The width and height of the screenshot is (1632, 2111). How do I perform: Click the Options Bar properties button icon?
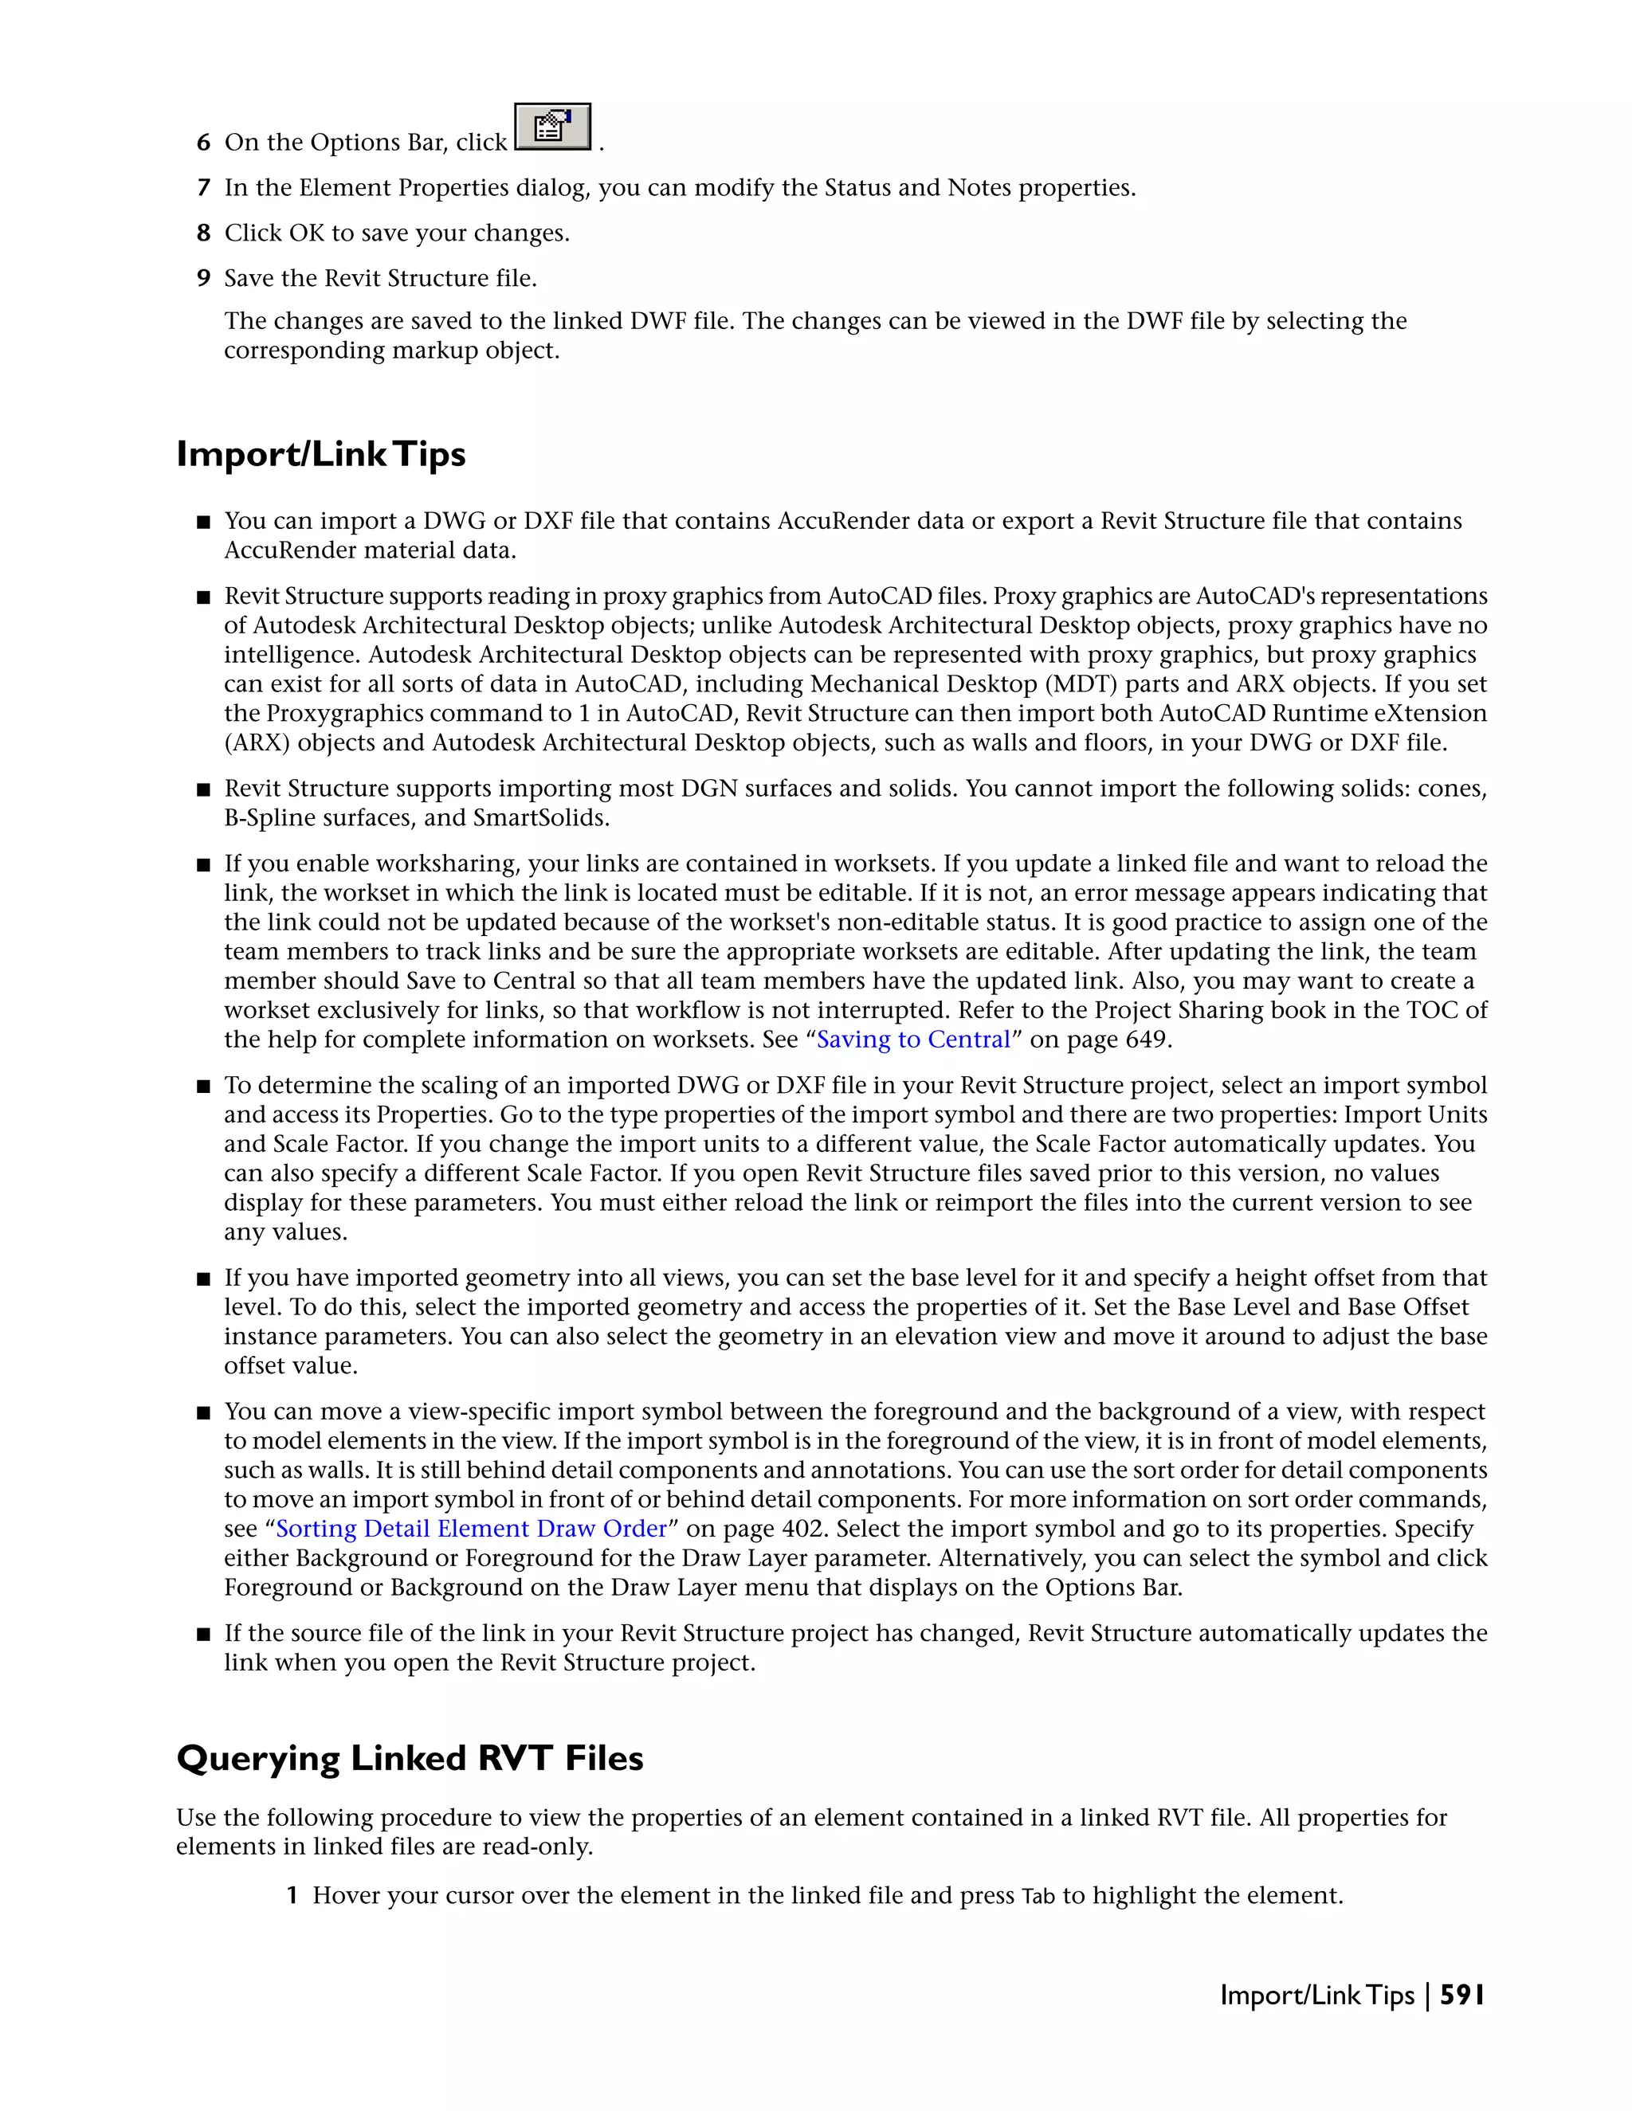tap(552, 127)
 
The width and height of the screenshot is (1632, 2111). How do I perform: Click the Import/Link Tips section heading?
tap(321, 453)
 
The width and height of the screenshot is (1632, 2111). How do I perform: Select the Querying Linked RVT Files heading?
tap(410, 1757)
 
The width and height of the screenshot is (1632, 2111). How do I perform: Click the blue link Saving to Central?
tap(912, 1040)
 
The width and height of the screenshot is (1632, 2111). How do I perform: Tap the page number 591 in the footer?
tap(1461, 1995)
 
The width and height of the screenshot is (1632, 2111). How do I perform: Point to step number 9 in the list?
tap(203, 278)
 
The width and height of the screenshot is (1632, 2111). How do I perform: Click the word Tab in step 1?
tap(1038, 1897)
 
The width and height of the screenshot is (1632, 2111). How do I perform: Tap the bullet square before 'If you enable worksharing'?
tap(203, 865)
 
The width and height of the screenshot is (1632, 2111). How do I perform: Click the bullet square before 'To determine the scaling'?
tap(203, 1087)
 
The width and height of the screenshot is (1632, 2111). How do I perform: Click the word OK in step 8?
tap(307, 233)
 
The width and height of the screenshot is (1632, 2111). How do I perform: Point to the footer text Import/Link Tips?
tap(1316, 1995)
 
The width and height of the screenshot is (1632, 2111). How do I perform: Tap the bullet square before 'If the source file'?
tap(203, 1635)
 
